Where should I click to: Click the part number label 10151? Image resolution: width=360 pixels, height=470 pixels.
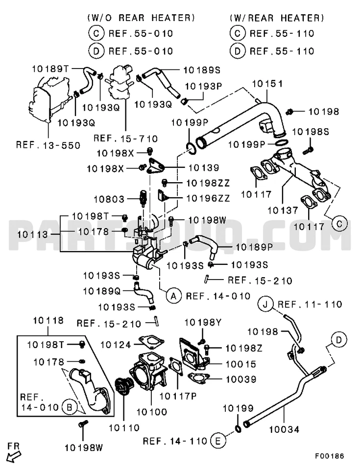click(x=267, y=84)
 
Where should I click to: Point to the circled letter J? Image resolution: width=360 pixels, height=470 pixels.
click(x=265, y=305)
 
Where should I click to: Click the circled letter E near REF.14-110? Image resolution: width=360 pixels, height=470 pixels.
click(x=218, y=441)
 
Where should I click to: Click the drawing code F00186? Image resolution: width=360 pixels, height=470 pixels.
click(x=329, y=456)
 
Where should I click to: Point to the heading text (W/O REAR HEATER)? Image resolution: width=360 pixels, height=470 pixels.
click(x=141, y=18)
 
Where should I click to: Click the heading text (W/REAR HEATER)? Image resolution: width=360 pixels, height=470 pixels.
click(x=277, y=18)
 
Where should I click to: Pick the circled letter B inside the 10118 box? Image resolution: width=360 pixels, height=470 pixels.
click(x=70, y=406)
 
